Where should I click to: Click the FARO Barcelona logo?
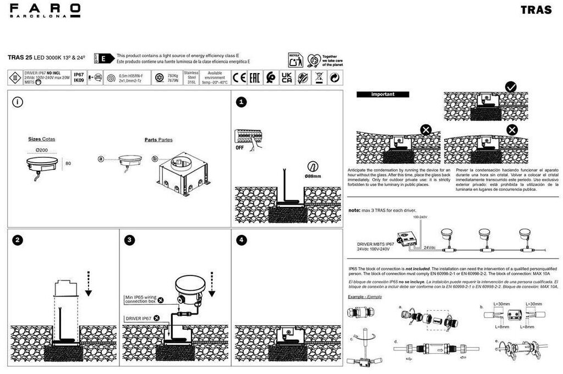tap(45, 10)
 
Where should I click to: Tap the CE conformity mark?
tap(239, 78)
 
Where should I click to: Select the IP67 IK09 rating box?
tap(79, 78)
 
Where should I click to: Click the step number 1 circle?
tap(242, 102)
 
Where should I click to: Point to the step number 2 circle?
tap(18, 240)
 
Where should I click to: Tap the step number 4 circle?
tap(242, 240)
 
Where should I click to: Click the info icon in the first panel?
tap(18, 102)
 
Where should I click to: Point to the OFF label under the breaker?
tap(240, 147)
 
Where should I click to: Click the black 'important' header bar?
tap(382, 94)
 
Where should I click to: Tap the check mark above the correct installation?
tap(510, 87)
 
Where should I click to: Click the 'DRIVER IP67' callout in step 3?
tap(138, 318)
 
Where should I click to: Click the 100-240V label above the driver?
tap(420, 217)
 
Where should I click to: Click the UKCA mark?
tap(287, 78)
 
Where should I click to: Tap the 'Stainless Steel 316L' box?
tap(192, 78)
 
